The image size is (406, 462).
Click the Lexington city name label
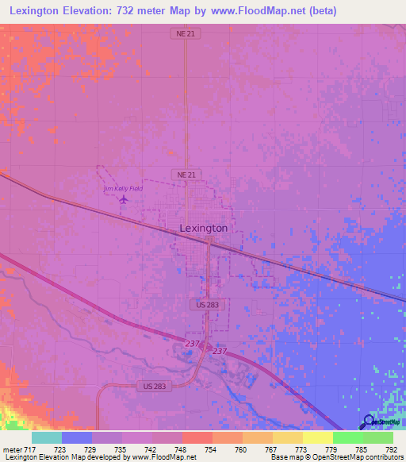coord(204,228)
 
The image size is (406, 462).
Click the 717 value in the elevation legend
coord(30,449)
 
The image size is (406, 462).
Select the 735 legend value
coord(120,449)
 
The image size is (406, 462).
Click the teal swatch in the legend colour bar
coord(47,437)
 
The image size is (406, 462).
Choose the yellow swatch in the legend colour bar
coord(317,437)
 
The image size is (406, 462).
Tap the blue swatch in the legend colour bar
coord(77,437)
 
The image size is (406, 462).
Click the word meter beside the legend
coord(12,449)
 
